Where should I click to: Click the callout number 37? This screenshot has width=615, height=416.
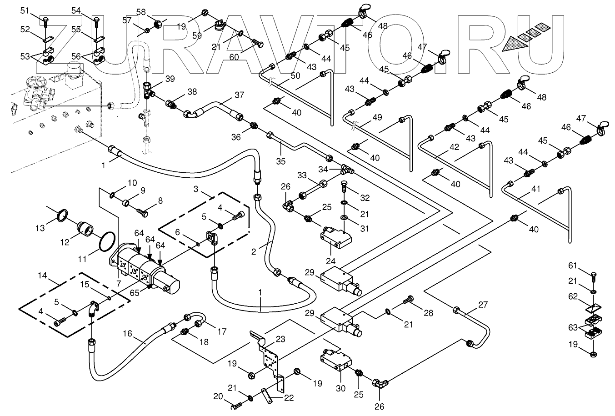point(239,95)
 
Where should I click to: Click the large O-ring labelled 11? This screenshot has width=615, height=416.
point(108,240)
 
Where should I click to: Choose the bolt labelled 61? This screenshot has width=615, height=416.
point(594,276)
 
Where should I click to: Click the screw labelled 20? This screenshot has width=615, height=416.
point(235,407)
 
